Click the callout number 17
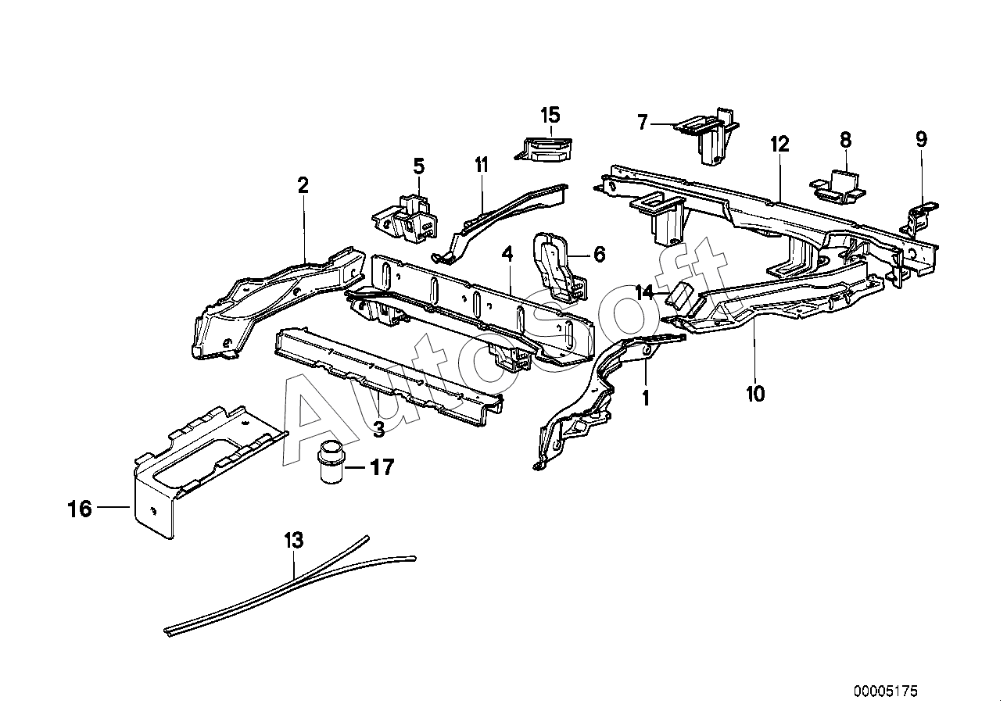point(382,467)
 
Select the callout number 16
point(80,509)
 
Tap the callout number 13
point(293,540)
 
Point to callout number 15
point(550,115)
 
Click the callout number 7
point(643,122)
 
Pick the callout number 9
point(921,139)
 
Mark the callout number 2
point(303,185)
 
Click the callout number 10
point(755,394)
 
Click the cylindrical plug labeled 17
point(331,462)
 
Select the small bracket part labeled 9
point(919,220)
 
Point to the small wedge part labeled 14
point(683,296)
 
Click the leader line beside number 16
point(113,506)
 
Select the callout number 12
point(779,145)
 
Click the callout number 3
point(379,430)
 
